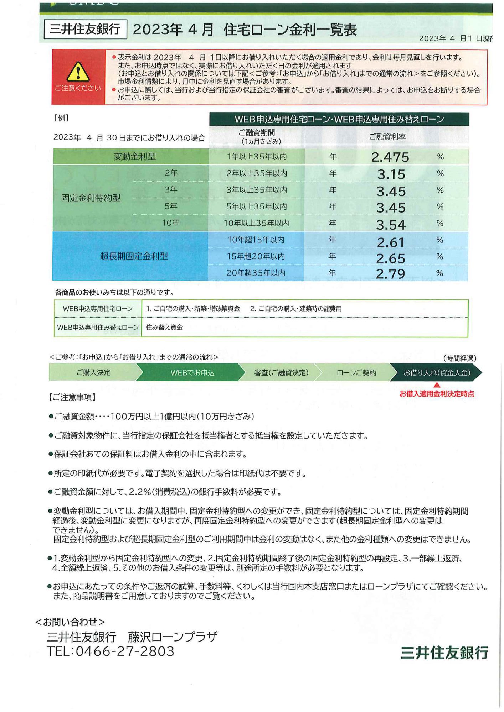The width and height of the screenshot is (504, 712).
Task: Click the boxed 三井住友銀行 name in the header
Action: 85,29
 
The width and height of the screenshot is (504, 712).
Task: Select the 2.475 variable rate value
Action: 390,157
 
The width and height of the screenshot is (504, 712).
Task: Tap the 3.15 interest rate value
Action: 391,174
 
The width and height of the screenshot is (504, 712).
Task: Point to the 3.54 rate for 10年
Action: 391,225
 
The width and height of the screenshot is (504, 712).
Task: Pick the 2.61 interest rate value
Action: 391,242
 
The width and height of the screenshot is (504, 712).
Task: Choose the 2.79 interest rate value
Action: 390,273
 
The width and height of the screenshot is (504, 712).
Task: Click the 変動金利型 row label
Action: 134,157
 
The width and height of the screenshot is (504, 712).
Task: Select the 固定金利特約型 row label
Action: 91,198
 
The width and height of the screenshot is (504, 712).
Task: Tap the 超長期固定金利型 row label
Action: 134,256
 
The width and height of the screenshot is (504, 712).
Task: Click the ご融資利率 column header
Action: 387,137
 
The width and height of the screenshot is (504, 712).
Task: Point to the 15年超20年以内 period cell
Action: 256,256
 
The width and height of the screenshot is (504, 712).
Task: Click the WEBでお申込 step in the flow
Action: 192,372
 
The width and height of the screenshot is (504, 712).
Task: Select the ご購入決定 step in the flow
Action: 93,372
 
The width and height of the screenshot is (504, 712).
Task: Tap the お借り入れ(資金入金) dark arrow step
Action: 437,372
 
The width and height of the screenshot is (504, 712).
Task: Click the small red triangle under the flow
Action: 437,385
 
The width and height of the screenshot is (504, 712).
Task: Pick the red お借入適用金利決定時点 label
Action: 437,394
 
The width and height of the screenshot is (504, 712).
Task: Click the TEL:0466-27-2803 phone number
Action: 110,651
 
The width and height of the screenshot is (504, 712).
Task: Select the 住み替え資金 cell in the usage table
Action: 164,327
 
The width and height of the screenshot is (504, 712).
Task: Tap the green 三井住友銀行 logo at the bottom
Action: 444,653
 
